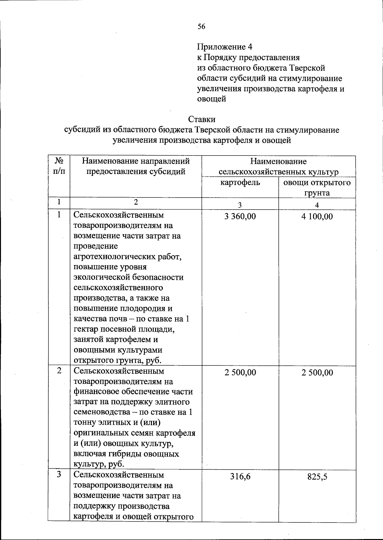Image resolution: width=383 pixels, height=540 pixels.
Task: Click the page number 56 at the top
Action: [x=201, y=27]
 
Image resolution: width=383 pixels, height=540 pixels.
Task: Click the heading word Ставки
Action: [x=202, y=119]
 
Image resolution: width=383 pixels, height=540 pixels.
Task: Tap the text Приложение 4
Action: [x=225, y=47]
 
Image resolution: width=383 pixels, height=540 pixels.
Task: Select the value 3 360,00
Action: [x=240, y=217]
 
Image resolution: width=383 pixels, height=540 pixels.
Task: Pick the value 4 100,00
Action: [x=317, y=217]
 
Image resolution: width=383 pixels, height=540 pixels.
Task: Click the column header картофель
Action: [x=240, y=183]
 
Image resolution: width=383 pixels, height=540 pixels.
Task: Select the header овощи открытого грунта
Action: [x=317, y=187]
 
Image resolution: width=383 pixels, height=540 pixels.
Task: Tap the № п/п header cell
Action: [x=59, y=166]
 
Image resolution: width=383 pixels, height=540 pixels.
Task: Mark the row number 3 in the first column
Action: [x=59, y=474]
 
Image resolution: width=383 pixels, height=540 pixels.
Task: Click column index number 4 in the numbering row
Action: [x=317, y=205]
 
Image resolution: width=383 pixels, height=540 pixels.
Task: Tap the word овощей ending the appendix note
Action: [x=212, y=99]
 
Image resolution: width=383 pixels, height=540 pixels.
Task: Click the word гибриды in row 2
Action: [x=127, y=454]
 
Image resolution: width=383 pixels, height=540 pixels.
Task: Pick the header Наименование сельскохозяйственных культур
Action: [x=278, y=167]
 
